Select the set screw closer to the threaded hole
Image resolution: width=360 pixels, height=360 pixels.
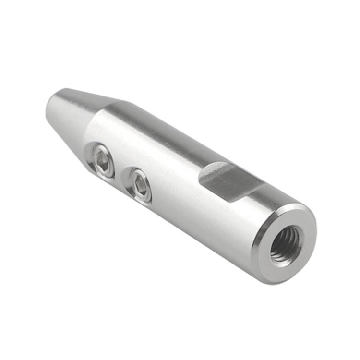(x=139, y=184)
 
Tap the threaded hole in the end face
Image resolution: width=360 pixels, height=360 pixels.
(x=285, y=245)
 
